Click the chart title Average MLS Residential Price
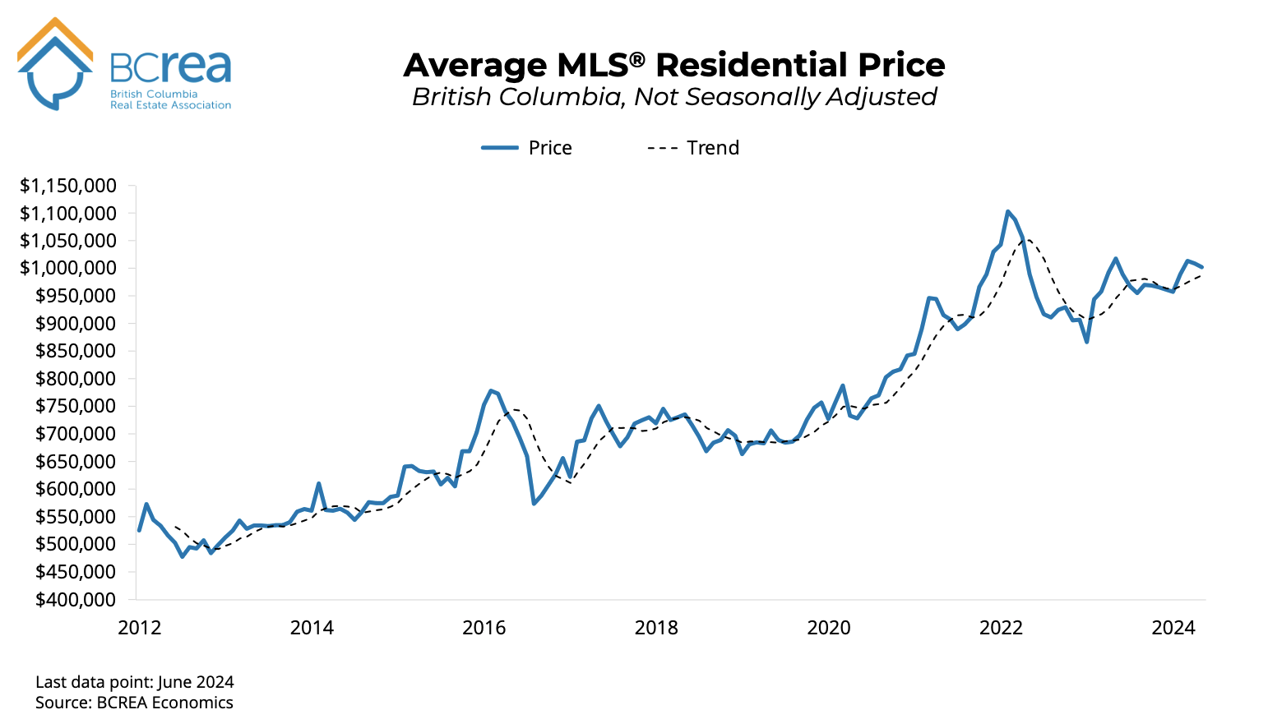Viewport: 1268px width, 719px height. click(673, 65)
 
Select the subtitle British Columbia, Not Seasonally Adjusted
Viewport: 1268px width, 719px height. click(673, 97)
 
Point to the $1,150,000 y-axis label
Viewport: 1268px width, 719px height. click(68, 186)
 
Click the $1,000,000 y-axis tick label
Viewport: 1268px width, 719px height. click(68, 268)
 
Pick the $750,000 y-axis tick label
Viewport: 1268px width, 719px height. click(75, 406)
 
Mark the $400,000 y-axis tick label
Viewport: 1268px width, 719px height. click(75, 600)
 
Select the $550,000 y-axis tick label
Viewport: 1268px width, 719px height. click(75, 517)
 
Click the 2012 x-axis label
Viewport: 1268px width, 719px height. click(140, 629)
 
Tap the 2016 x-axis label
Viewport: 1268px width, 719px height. click(484, 629)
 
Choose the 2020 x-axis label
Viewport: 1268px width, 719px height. click(829, 629)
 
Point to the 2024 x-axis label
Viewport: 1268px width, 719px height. click(1173, 629)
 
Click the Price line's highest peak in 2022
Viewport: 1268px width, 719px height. click(1008, 211)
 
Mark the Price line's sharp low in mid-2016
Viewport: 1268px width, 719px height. click(534, 503)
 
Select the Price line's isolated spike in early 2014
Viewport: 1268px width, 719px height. click(318, 484)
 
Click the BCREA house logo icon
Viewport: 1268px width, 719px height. click(55, 64)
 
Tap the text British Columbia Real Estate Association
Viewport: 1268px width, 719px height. click(170, 99)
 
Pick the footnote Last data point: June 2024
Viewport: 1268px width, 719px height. click(135, 682)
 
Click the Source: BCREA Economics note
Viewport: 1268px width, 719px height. click(134, 703)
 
